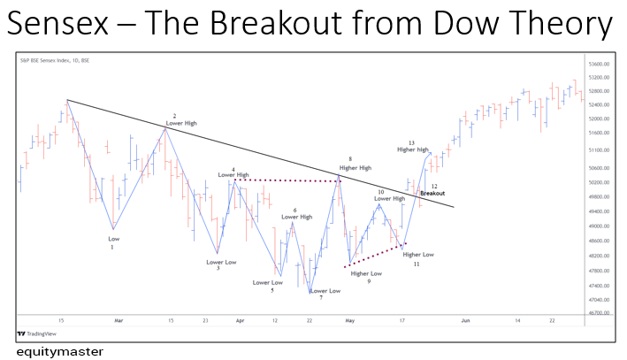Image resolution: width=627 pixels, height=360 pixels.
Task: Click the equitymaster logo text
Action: point(58,351)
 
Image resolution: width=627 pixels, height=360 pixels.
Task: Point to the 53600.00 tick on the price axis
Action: point(599,65)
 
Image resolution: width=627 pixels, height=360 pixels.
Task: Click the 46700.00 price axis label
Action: point(599,312)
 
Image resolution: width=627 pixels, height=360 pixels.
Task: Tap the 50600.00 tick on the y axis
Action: point(599,168)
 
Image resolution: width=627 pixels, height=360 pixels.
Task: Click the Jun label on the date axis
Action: point(465,320)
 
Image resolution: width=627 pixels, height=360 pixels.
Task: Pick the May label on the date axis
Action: point(349,320)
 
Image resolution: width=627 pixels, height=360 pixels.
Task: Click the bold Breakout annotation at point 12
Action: point(432,193)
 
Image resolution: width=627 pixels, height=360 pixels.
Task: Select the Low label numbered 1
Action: point(113,239)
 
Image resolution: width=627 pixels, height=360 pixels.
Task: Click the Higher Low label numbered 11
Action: point(417,255)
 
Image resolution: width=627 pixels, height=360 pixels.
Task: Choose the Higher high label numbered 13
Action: point(412,149)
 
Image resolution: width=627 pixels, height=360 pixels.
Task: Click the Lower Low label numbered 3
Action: point(221,262)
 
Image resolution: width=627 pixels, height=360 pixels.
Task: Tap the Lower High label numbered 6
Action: point(296,216)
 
